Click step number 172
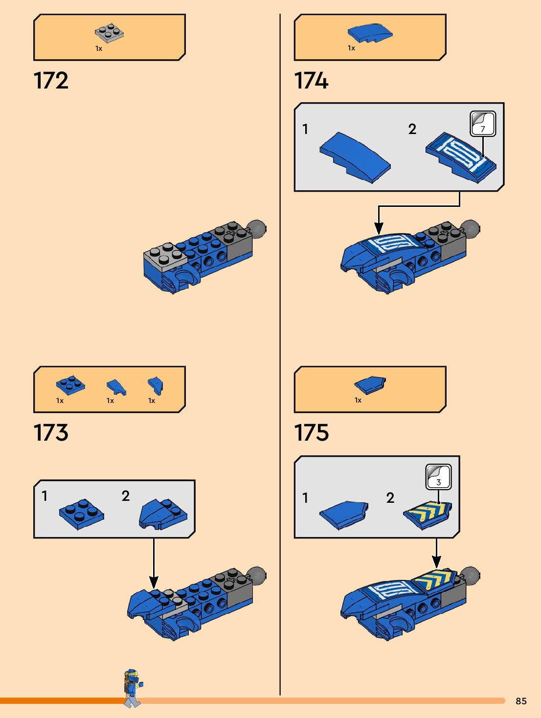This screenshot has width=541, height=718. (x=51, y=81)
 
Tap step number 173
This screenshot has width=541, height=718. (x=51, y=433)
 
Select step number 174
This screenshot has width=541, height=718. (x=311, y=81)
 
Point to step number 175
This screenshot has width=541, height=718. (x=311, y=433)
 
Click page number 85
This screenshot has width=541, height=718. (x=521, y=701)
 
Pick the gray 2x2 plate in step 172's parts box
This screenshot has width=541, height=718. (x=109, y=33)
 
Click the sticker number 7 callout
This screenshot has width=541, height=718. (x=483, y=124)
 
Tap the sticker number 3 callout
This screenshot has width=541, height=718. (x=438, y=477)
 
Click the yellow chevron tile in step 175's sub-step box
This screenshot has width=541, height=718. (x=428, y=514)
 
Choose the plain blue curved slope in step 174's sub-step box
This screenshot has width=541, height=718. (x=355, y=157)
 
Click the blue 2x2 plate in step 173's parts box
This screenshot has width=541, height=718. (x=70, y=385)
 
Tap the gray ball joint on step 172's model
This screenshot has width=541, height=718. (x=256, y=229)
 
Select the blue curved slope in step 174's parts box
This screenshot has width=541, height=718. (x=370, y=33)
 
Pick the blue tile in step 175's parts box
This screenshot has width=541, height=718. (x=370, y=385)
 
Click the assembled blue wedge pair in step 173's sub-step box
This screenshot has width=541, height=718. (x=163, y=514)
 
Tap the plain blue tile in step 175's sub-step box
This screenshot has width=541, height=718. (x=344, y=515)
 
